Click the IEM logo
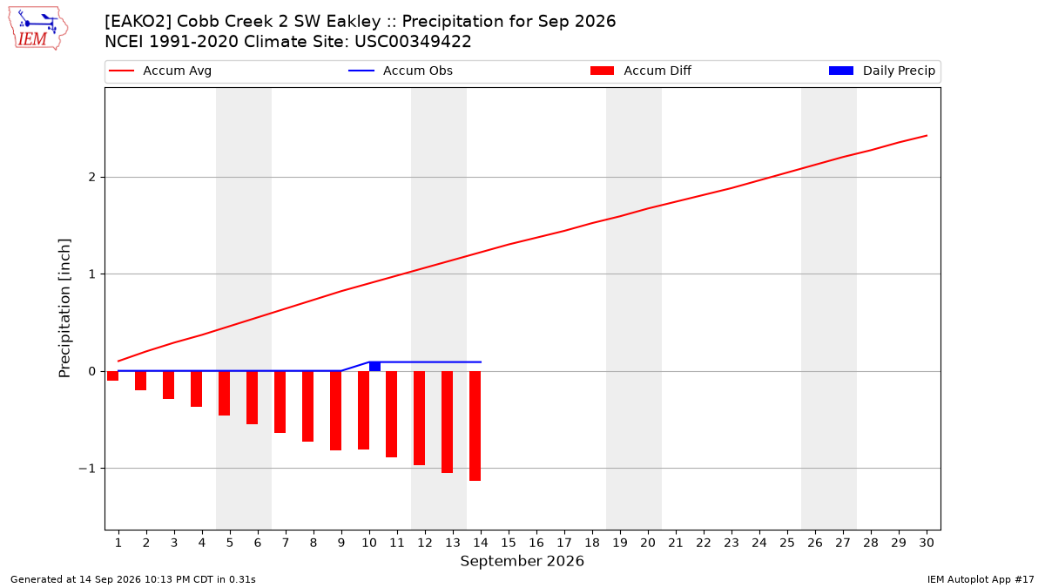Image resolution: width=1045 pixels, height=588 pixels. [x=38, y=29]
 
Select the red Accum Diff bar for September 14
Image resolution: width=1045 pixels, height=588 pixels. [x=475, y=426]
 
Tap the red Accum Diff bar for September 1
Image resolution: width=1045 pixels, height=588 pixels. [x=112, y=375]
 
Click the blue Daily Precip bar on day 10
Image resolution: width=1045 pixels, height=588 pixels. [x=374, y=367]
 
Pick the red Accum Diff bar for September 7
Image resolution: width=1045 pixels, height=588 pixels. [x=280, y=402]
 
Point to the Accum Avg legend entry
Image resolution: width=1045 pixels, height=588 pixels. [x=160, y=71]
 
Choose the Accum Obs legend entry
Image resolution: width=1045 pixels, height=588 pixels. [x=401, y=71]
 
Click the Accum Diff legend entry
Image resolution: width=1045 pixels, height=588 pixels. [x=641, y=71]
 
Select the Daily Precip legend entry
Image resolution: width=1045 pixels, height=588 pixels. [x=881, y=71]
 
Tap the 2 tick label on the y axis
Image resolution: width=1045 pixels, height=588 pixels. [x=92, y=178]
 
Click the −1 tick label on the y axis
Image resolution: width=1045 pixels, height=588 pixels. [x=87, y=469]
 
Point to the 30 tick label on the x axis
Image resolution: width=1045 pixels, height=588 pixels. [x=927, y=543]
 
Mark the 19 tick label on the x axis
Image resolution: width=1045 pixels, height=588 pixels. [x=620, y=543]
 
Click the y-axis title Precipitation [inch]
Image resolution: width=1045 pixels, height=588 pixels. [x=64, y=308]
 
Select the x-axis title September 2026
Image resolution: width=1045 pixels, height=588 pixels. [x=522, y=561]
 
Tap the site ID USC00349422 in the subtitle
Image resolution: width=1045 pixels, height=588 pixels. [x=413, y=42]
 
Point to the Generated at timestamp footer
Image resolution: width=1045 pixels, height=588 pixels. [x=133, y=579]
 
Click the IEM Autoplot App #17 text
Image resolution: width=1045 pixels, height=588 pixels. [x=981, y=579]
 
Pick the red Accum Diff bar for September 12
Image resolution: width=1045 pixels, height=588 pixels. [x=420, y=418]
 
